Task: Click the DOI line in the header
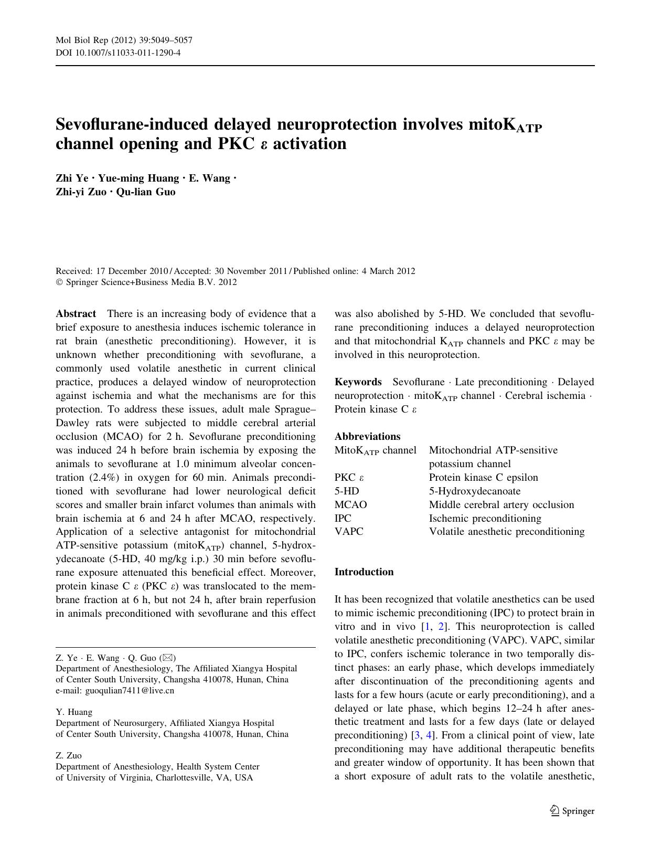118,52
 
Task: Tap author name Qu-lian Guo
146,192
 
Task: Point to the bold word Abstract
76,314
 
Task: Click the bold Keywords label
358,382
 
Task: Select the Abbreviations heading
367,437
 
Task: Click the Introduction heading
364,572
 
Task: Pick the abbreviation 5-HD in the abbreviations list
347,491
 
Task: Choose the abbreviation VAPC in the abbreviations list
349,532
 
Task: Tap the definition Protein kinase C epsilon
483,478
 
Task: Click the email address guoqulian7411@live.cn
129,691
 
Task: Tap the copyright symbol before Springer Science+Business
59,282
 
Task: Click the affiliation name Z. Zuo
69,756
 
